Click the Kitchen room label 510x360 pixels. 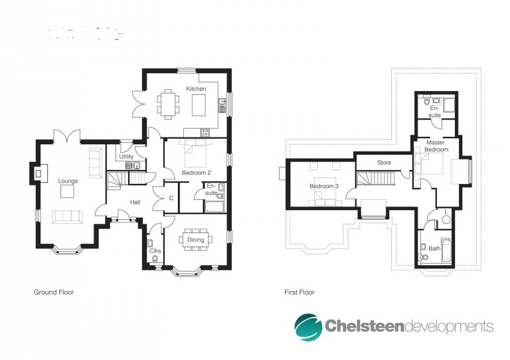coord(196,89)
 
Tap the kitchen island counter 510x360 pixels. coord(199,105)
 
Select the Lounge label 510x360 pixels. coord(68,181)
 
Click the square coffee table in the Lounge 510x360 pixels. coord(67,191)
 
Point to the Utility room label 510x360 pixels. coord(126,157)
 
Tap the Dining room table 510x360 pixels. coord(195,240)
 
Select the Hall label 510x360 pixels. coord(135,203)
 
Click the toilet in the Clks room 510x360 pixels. coord(155,259)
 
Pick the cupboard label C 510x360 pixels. coord(171,198)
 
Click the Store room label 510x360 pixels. coord(384,162)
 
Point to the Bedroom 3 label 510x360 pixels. coord(324,187)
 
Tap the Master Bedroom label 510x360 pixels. coord(436,146)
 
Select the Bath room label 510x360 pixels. coord(434,248)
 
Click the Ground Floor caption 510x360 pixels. coord(54,292)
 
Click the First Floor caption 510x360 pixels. coord(299,292)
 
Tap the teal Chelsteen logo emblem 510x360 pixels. coord(308,327)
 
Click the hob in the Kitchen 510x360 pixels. coord(205,132)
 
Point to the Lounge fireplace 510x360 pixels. coord(39,173)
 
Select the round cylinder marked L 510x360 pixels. coord(446,219)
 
